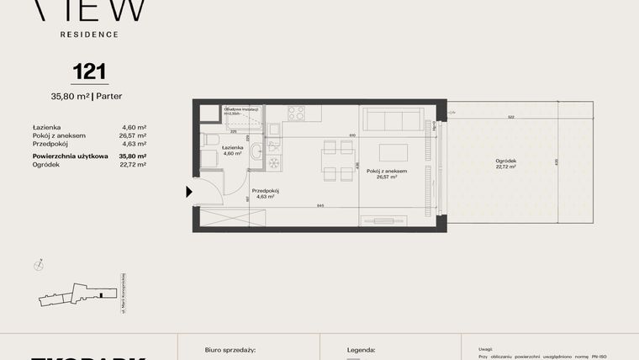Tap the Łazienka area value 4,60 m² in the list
tap(135, 127)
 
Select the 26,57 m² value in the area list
tap(135, 135)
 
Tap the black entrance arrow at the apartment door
tap(189, 193)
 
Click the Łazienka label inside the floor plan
tap(232, 147)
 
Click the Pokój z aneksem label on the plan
tap(392, 171)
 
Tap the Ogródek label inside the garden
tap(505, 161)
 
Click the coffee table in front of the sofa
tap(393, 152)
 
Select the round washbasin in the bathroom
tap(257, 152)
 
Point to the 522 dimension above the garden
tap(511, 118)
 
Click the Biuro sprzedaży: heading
tap(230, 349)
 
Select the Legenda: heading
tap(362, 349)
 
